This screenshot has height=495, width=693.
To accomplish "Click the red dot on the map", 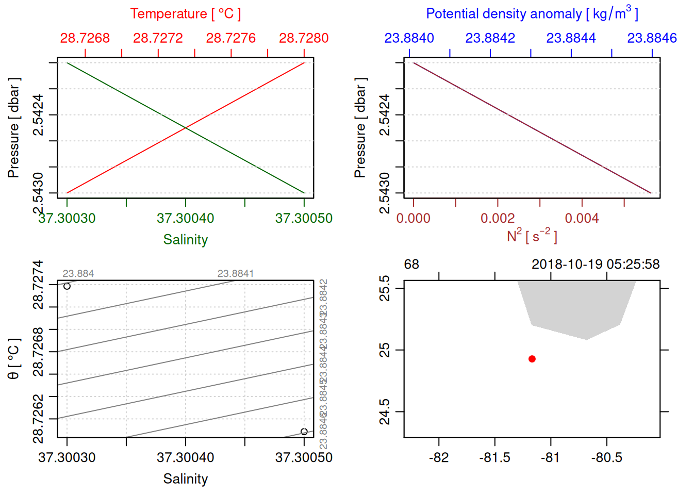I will [x=532, y=359].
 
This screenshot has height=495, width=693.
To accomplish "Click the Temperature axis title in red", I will [x=185, y=14].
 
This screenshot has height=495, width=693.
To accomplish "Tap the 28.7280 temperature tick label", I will [x=304, y=38].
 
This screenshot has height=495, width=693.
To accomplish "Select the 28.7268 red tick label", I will [x=85, y=38].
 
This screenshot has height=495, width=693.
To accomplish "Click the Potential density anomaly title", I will [x=532, y=13].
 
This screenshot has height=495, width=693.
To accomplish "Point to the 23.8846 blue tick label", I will [x=652, y=38].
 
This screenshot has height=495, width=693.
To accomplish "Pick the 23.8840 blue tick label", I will [x=409, y=38].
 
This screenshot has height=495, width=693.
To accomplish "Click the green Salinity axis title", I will [x=185, y=240].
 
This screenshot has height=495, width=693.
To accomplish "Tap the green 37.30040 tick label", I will [x=185, y=218].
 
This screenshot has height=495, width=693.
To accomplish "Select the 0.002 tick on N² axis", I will [x=498, y=218].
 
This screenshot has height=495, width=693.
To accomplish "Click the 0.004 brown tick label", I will [x=582, y=218].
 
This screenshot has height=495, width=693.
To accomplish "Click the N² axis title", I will [x=532, y=236].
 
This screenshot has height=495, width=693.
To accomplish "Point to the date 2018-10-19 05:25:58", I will [x=596, y=265].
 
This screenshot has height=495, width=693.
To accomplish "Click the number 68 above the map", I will [x=411, y=265].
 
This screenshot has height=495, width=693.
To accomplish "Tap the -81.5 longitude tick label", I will [x=494, y=457].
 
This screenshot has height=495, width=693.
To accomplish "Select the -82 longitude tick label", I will [x=439, y=457].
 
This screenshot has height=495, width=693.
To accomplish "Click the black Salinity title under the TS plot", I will [x=185, y=479].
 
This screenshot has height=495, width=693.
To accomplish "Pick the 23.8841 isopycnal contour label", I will [x=236, y=274].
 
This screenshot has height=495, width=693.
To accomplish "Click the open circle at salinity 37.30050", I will [x=304, y=432].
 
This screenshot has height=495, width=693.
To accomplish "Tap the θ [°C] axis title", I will [x=13, y=359].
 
